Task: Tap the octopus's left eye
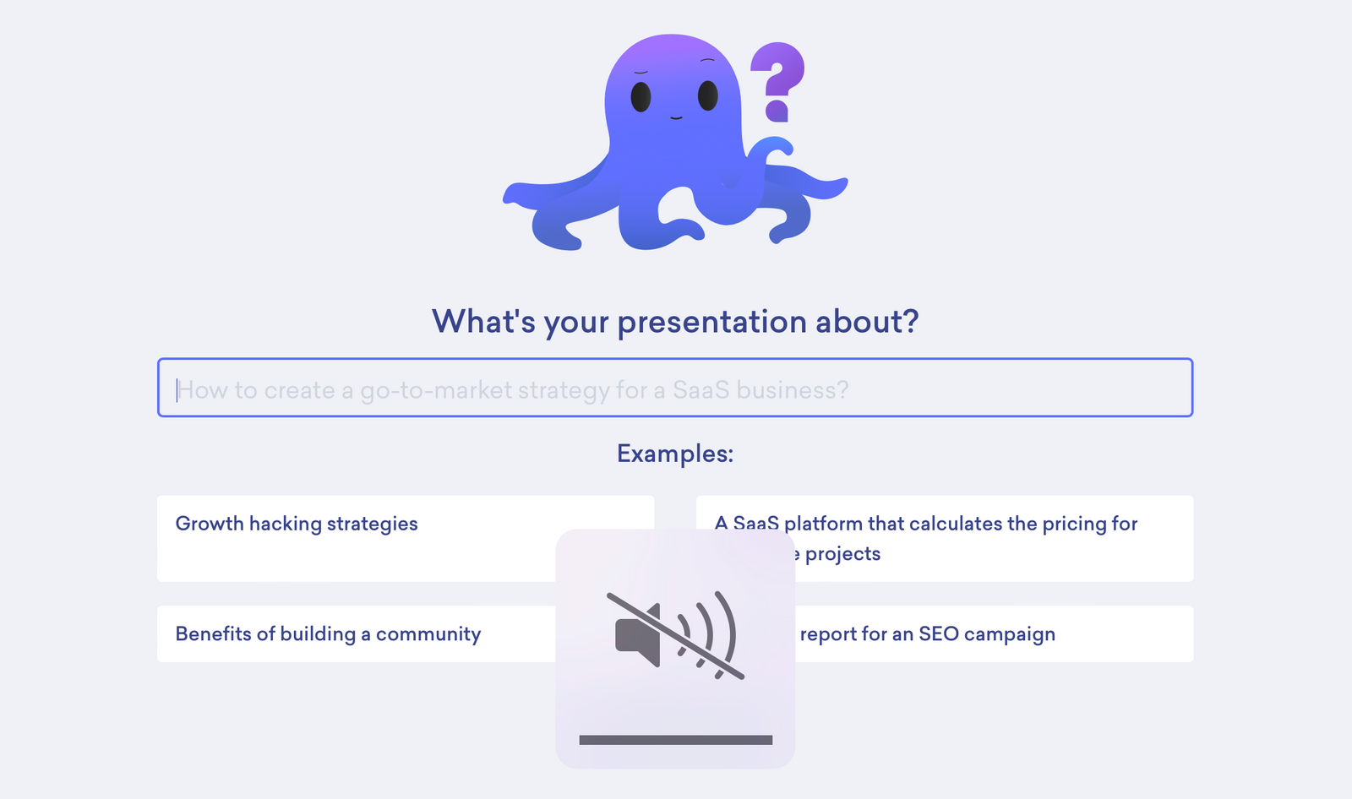tap(641, 96)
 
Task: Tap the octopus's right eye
tap(708, 95)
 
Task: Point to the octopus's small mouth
tap(676, 117)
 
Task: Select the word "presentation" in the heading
tap(711, 323)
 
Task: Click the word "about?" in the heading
tap(866, 322)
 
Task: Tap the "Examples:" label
tap(675, 454)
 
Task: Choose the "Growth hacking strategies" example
tap(297, 524)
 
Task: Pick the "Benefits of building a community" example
tap(328, 634)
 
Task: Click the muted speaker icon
tap(675, 634)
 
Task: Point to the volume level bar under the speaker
tap(675, 740)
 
